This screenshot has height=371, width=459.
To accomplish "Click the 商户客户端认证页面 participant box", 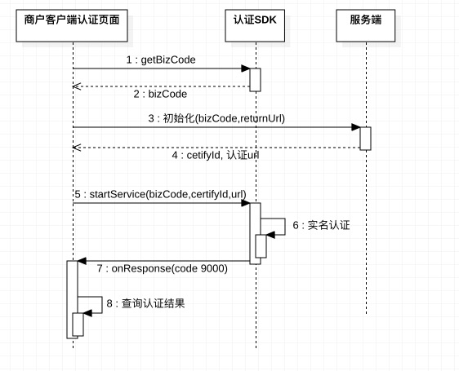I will click(x=73, y=20).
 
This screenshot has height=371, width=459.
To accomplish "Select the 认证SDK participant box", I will click(x=255, y=20).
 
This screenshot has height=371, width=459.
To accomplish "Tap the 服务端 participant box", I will click(x=366, y=20).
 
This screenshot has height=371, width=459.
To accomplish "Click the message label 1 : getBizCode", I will click(x=160, y=60).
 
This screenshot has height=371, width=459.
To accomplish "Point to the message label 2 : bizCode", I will click(x=160, y=95).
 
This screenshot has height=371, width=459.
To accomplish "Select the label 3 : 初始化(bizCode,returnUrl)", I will click(x=216, y=118).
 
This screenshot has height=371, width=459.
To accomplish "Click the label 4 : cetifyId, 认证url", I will click(x=216, y=154).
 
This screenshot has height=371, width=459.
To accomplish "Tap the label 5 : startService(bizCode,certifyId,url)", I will click(x=160, y=195).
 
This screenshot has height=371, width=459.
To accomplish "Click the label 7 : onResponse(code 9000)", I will click(x=162, y=268).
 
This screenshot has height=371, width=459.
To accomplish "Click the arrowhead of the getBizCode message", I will click(x=245, y=69).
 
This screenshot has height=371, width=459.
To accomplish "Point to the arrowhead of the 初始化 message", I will click(x=356, y=127).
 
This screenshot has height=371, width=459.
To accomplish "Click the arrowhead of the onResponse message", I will click(x=82, y=262).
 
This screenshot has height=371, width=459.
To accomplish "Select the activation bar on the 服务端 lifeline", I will click(x=366, y=138).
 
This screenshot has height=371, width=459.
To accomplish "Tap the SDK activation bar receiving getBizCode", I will click(x=255, y=79).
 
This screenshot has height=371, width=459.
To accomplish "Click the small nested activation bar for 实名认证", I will click(x=261, y=245).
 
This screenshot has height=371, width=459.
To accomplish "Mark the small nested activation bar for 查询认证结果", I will click(x=78, y=325).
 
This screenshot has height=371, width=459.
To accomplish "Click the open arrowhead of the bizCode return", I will click(x=76, y=86).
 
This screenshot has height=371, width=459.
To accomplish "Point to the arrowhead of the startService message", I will click(x=245, y=204).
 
